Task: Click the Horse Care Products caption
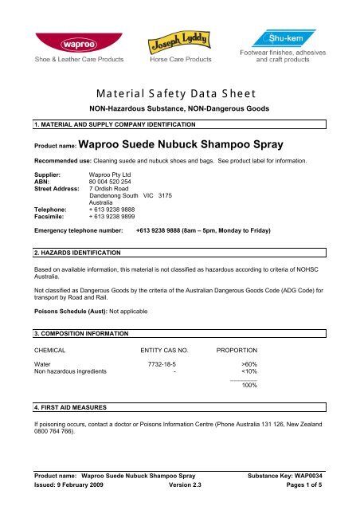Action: (x=182, y=59)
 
